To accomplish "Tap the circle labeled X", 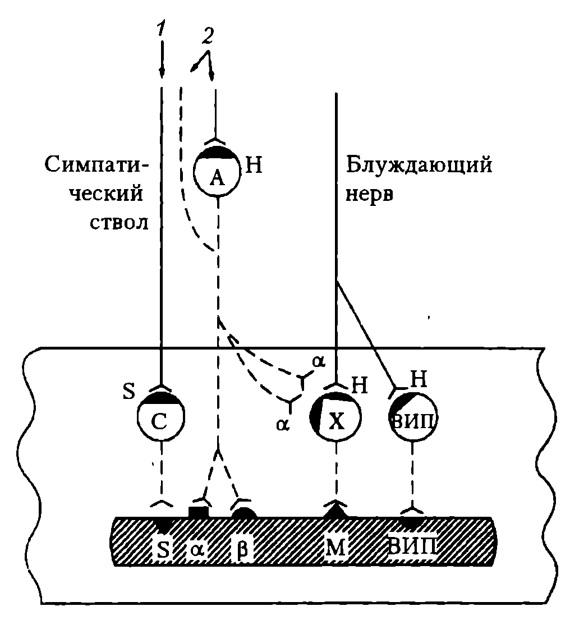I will coord(335,417).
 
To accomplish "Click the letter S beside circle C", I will coord(129,391).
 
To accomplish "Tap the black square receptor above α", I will coord(197,512).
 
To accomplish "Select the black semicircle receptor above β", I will coord(245,512).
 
